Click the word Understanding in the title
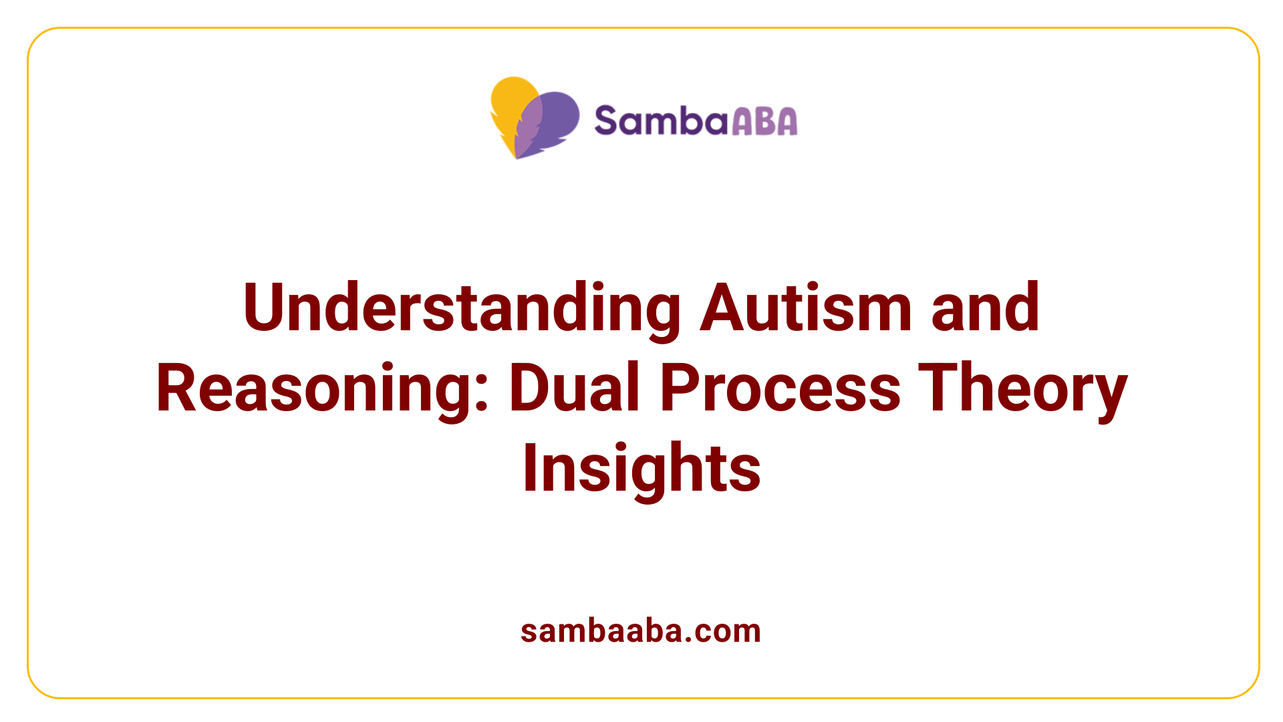click(x=462, y=308)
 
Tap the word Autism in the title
click(x=806, y=308)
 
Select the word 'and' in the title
click(x=985, y=308)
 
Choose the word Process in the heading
click(x=780, y=389)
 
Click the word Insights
click(x=641, y=469)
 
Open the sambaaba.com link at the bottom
click(x=640, y=631)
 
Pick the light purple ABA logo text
click(x=764, y=122)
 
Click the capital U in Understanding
click(x=265, y=308)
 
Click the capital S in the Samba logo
click(x=606, y=121)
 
